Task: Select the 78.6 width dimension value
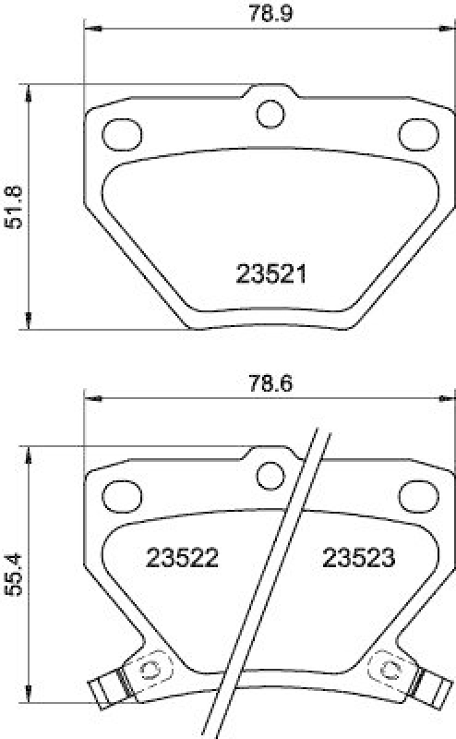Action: click(x=270, y=382)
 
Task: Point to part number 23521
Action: click(x=270, y=274)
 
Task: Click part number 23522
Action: click(x=181, y=558)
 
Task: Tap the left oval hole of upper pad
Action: click(x=120, y=133)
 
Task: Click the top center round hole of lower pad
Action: click(x=270, y=475)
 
